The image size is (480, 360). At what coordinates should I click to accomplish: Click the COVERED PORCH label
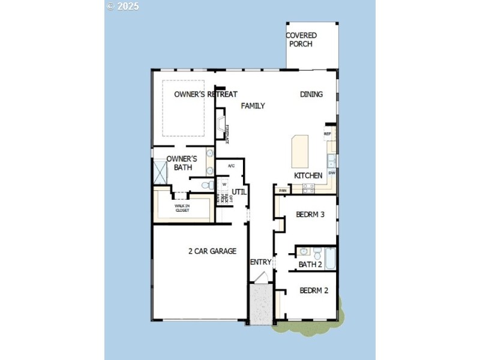coord(301,40)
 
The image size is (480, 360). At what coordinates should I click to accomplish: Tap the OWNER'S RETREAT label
coord(206,94)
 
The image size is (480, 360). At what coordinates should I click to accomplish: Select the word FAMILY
coord(253,106)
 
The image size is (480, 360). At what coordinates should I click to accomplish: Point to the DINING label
coord(311,94)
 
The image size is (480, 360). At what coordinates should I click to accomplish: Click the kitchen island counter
coord(300,151)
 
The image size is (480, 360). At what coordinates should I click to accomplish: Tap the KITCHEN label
coord(308,175)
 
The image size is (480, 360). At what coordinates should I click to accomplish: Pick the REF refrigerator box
coord(328,134)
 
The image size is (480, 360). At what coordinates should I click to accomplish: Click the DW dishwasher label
coord(331,173)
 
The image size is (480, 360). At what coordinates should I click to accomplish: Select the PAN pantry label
coord(283,190)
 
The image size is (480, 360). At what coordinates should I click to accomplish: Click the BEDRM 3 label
coord(310,214)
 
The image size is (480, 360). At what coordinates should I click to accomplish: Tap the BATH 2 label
coord(310,264)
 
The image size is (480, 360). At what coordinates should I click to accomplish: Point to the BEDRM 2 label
coord(314,290)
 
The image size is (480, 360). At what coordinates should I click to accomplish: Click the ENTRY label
coord(260,262)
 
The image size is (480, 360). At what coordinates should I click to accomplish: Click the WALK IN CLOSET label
coord(182,208)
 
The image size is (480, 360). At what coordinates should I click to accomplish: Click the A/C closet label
coord(231,166)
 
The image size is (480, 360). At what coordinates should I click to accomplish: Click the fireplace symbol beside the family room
coord(222,127)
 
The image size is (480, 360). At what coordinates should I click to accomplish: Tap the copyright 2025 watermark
coord(122,6)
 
